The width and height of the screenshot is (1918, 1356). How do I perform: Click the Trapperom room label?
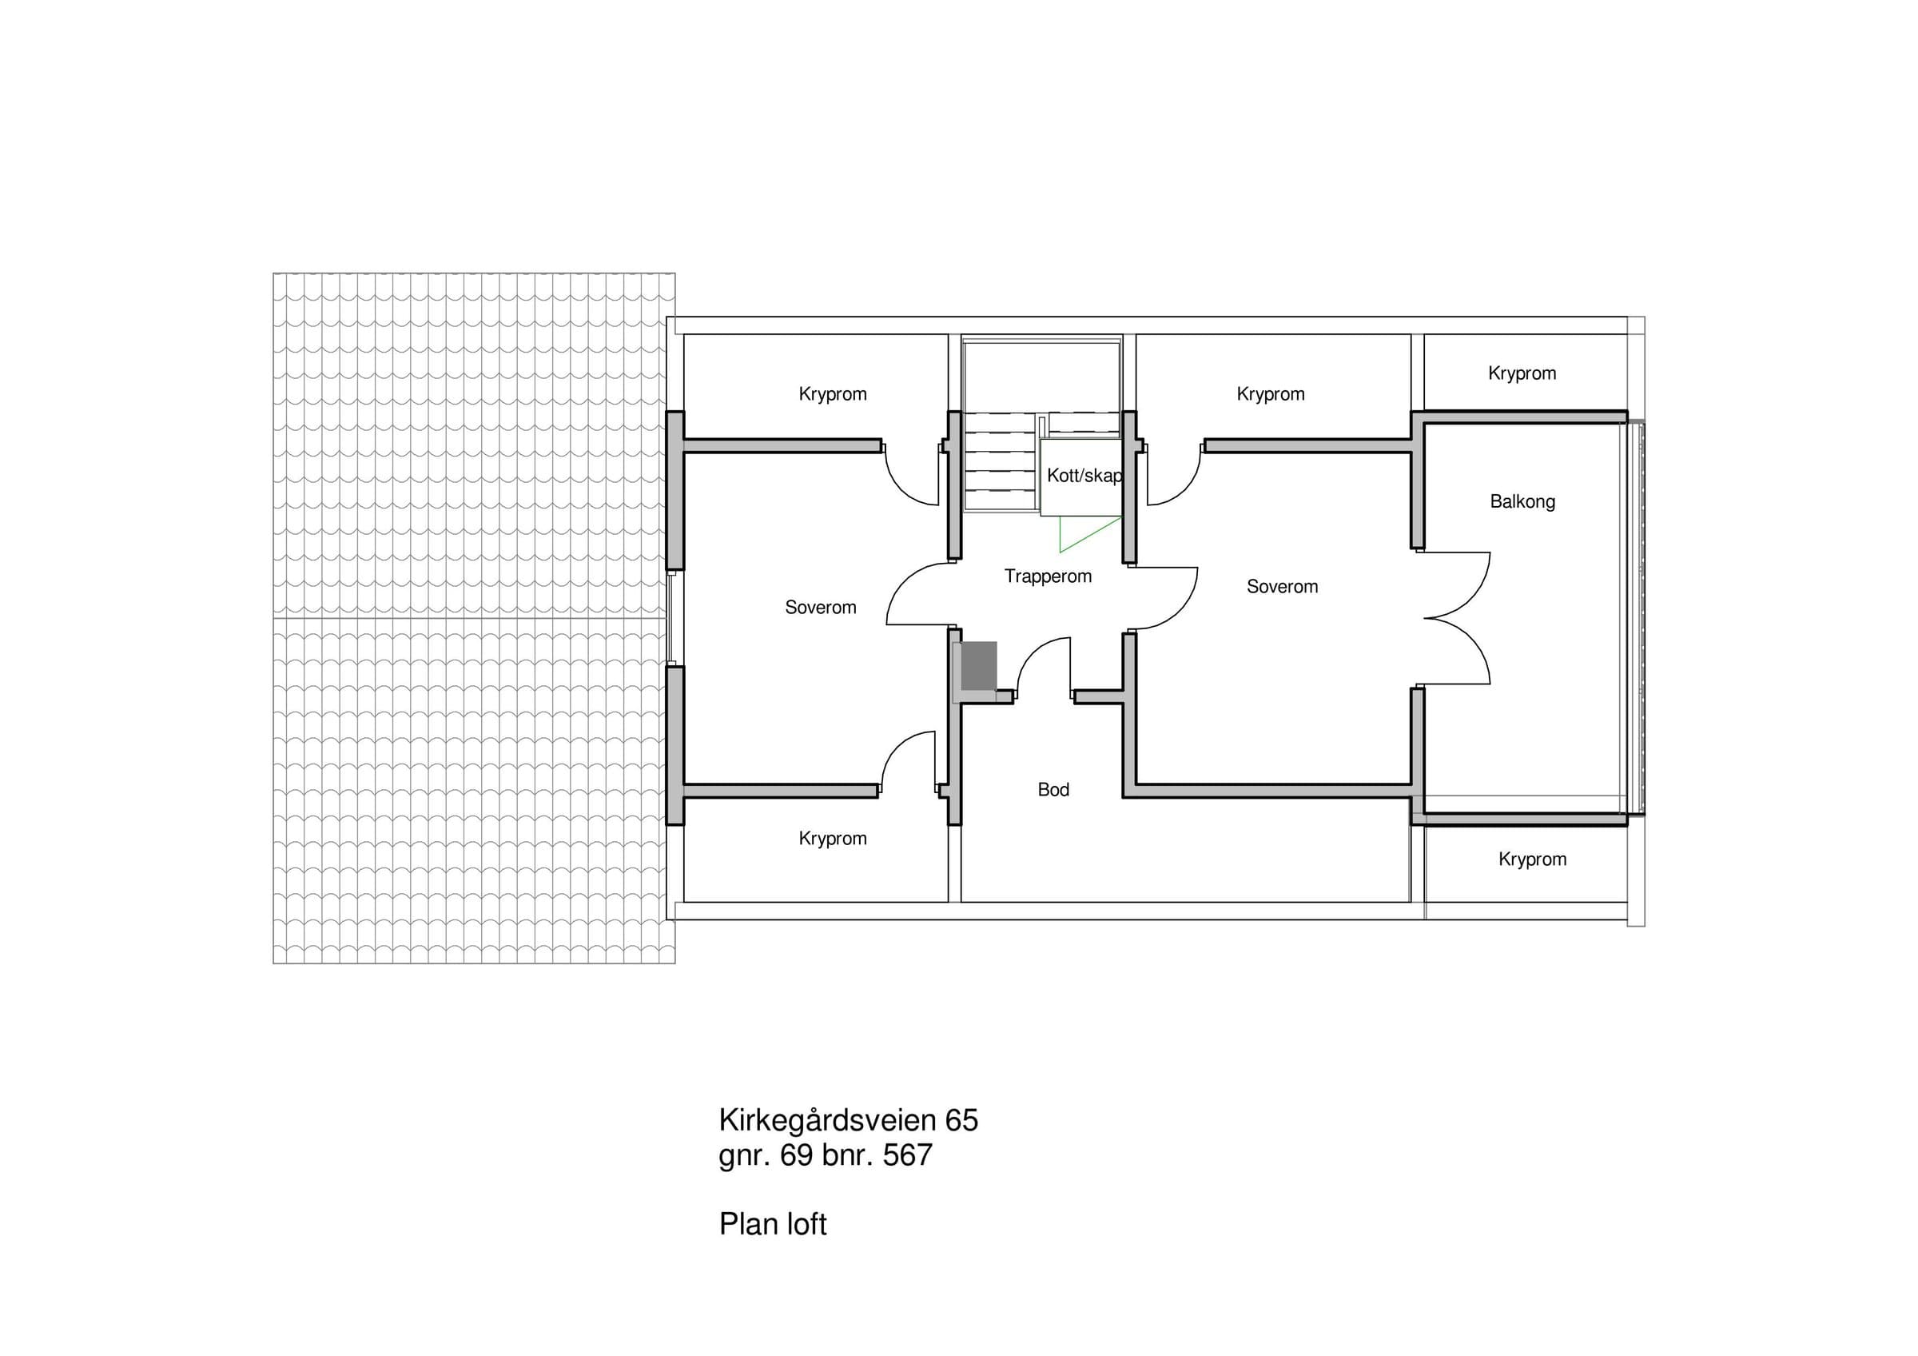[x=1048, y=576]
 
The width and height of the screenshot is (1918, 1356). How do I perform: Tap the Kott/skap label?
[x=1084, y=476]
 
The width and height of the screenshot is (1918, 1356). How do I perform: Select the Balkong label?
[x=1522, y=502]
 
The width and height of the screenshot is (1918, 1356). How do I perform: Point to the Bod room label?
[x=1053, y=790]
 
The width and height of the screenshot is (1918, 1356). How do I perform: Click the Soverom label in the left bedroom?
[x=820, y=608]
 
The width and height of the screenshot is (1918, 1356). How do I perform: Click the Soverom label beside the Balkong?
[x=1283, y=587]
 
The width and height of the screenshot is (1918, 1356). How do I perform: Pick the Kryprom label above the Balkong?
[x=1522, y=373]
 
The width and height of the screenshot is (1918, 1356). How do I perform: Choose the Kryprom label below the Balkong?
[x=1532, y=859]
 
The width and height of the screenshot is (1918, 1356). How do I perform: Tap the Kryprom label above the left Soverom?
[x=832, y=393]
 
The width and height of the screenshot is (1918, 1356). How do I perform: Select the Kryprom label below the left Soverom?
[x=832, y=838]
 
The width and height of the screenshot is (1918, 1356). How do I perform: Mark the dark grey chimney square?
[x=978, y=666]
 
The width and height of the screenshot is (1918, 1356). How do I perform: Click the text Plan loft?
[x=773, y=1224]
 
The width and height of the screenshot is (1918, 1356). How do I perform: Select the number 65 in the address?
[x=961, y=1119]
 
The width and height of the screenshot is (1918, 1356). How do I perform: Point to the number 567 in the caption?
[x=907, y=1155]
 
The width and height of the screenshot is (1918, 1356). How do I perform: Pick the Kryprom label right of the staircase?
[x=1270, y=393]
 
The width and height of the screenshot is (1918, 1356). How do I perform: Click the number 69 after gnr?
[x=796, y=1155]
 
